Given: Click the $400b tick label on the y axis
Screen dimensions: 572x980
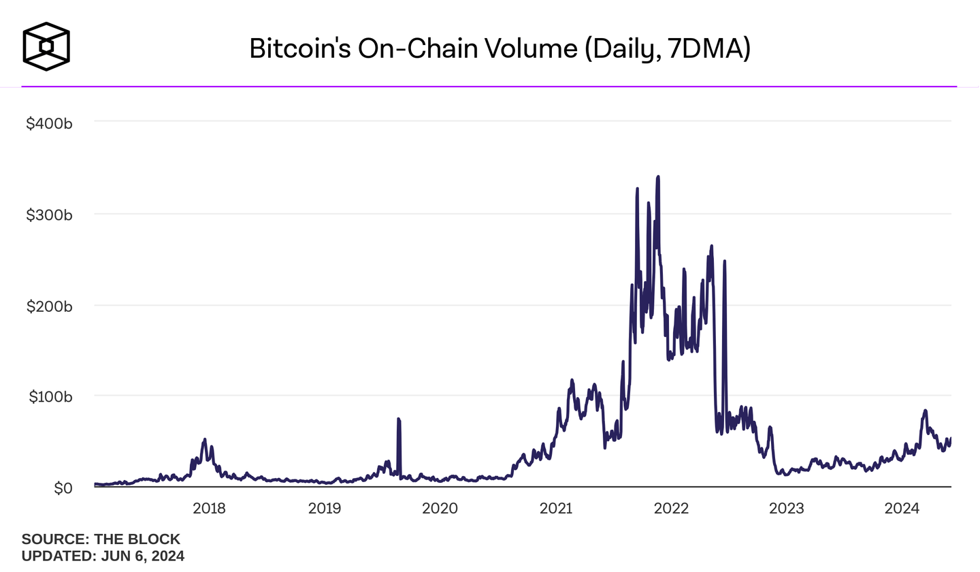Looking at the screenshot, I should click(49, 124).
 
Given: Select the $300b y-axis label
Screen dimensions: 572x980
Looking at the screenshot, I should click(49, 214).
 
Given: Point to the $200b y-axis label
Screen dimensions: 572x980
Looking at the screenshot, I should click(49, 306).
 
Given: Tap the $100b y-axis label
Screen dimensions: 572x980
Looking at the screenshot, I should click(49, 396).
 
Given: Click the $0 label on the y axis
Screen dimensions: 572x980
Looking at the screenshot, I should click(63, 488).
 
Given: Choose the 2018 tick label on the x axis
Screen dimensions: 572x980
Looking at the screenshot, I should click(210, 508).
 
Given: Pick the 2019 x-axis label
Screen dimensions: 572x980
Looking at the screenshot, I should click(325, 508).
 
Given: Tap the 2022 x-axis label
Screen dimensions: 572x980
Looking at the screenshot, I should click(671, 508).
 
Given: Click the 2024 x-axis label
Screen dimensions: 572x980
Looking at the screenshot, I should click(902, 508).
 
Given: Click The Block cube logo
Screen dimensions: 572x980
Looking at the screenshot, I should click(46, 46).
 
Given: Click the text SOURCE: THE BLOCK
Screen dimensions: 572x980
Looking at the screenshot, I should click(101, 539).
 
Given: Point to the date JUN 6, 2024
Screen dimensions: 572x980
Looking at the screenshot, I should click(142, 556).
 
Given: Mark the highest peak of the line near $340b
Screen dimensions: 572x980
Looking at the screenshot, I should click(658, 177).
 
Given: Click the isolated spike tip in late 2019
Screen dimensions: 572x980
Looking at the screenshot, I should click(398, 419).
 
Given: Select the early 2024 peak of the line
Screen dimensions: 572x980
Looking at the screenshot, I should click(925, 411).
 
